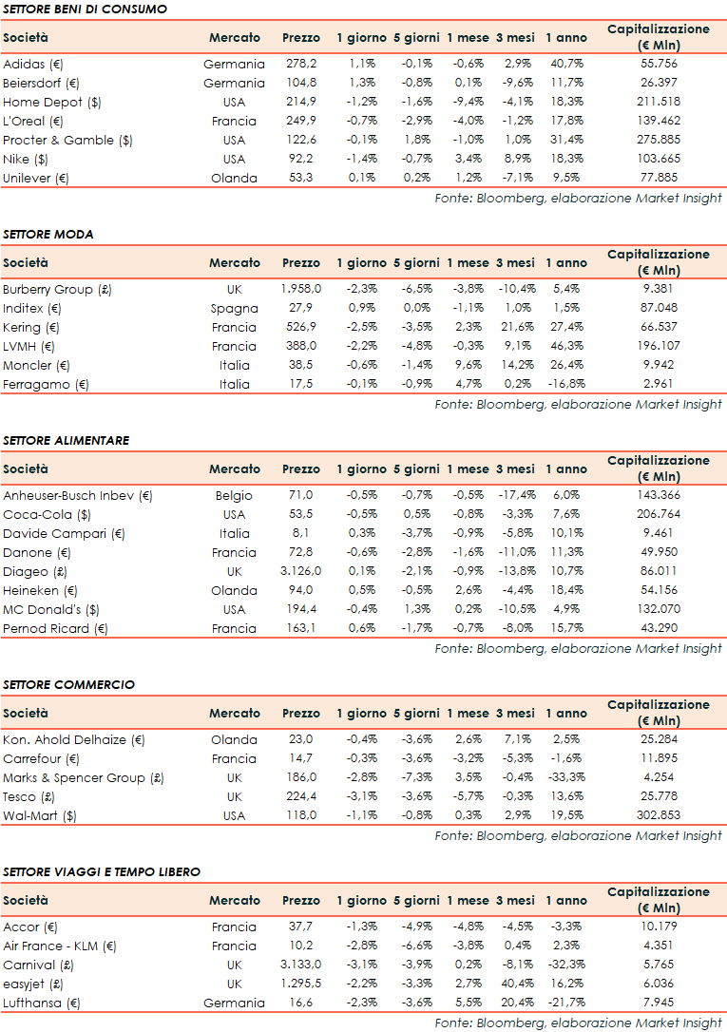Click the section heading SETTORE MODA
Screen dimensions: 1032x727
click(48, 234)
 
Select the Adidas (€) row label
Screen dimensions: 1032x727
click(32, 65)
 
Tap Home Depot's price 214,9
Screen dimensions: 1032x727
click(301, 103)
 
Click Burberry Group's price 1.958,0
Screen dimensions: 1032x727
click(301, 290)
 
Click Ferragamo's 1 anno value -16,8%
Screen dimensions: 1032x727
click(565, 385)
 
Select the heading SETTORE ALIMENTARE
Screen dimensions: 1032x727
click(66, 441)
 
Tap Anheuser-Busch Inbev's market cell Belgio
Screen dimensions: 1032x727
click(234, 496)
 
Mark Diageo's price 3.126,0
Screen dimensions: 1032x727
click(301, 572)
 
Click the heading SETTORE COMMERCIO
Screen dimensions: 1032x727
click(68, 685)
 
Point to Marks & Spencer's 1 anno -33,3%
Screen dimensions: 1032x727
click(565, 778)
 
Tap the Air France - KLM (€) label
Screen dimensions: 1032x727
click(59, 946)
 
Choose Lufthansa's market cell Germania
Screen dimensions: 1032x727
click(234, 1003)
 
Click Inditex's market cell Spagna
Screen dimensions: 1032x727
click(234, 309)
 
